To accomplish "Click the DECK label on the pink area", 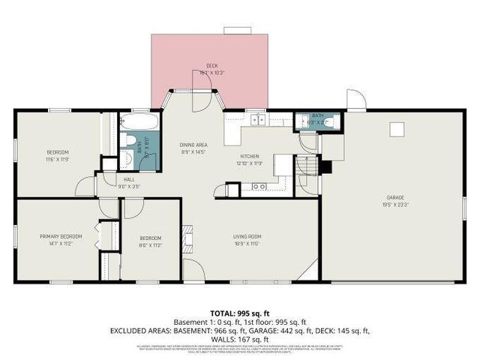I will [212, 66].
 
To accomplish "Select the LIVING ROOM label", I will [246, 236].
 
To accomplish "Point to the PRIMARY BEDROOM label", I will [61, 236].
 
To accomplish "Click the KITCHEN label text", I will [249, 156].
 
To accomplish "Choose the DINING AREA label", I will [193, 144].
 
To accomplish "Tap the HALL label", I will [129, 180].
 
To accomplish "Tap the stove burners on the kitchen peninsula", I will [259, 186].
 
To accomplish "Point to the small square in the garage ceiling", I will [396, 129].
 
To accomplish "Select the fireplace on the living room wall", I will [190, 239].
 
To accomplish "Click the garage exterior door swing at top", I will [355, 100].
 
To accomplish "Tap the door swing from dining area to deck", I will [201, 100].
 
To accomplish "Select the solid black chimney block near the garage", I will [325, 165].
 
